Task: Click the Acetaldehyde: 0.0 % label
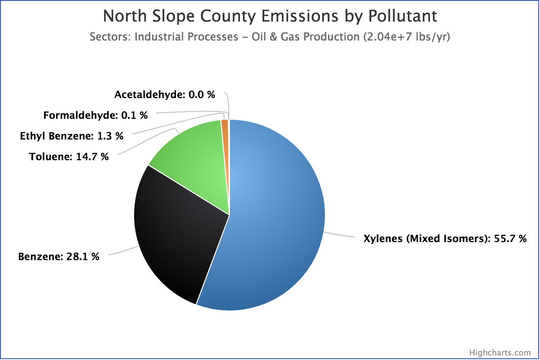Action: (x=165, y=94)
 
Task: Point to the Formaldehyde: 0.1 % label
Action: (x=95, y=115)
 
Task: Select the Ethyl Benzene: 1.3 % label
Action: (x=72, y=136)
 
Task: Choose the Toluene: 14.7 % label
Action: (x=69, y=157)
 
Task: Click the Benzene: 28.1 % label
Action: (x=58, y=256)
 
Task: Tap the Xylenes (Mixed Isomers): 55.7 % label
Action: (x=445, y=238)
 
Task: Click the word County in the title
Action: (x=228, y=16)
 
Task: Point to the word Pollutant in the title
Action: (x=403, y=16)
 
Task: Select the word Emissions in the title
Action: (x=300, y=16)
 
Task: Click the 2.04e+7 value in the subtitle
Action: (x=388, y=36)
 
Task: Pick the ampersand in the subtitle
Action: (x=274, y=36)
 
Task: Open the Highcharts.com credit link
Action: (x=500, y=352)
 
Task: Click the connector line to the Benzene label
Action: (x=123, y=251)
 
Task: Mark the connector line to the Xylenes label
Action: (x=339, y=234)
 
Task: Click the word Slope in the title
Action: (x=173, y=16)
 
